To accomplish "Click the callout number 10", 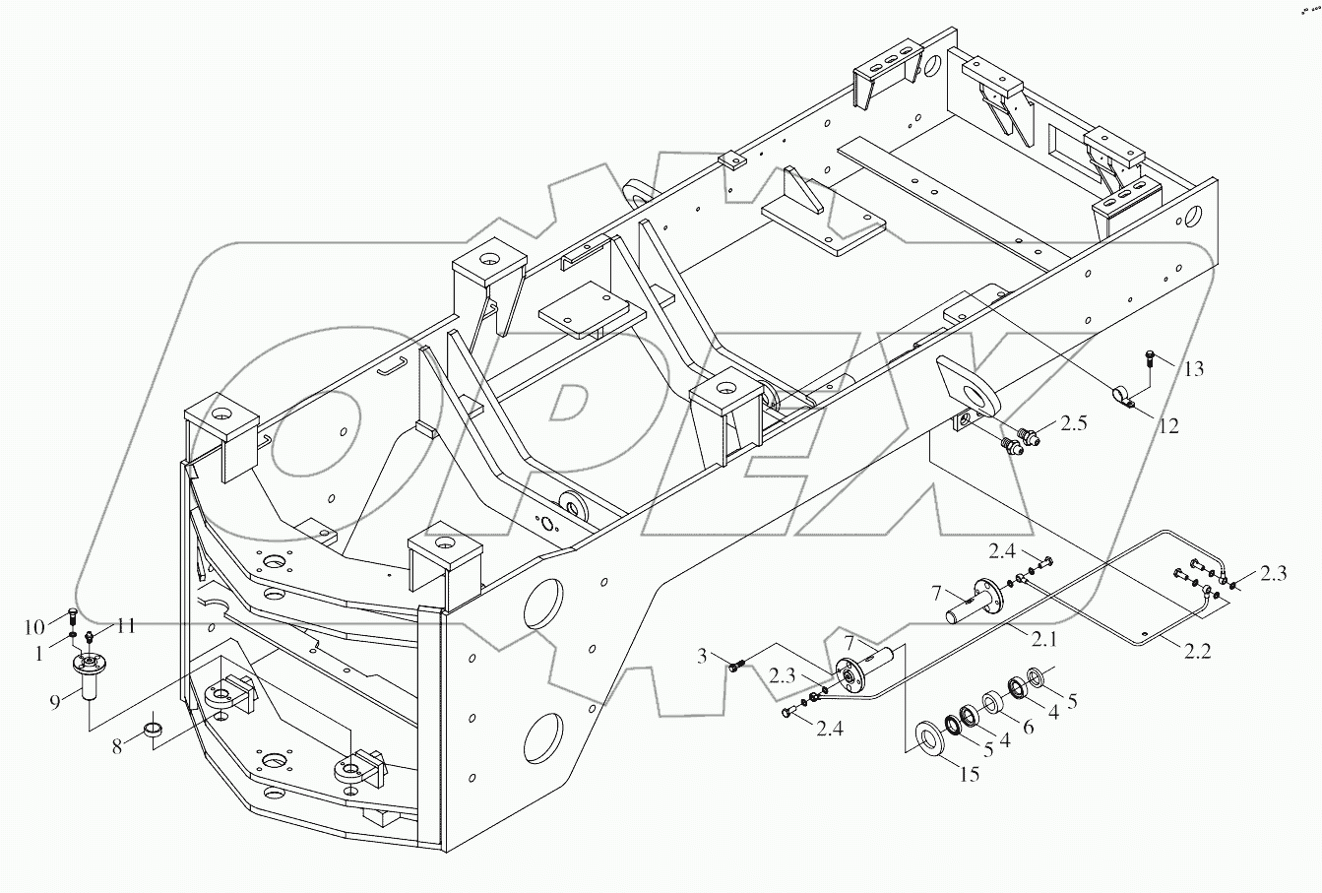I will coord(33,626).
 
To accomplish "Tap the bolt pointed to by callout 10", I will coord(73,618).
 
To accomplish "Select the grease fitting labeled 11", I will coord(90,636).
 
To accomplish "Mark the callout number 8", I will coord(117,746).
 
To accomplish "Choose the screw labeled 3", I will coord(736,666).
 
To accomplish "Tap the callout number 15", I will coord(969,775).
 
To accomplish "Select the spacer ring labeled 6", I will coord(990,705).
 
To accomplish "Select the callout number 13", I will coord(1193,369).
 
